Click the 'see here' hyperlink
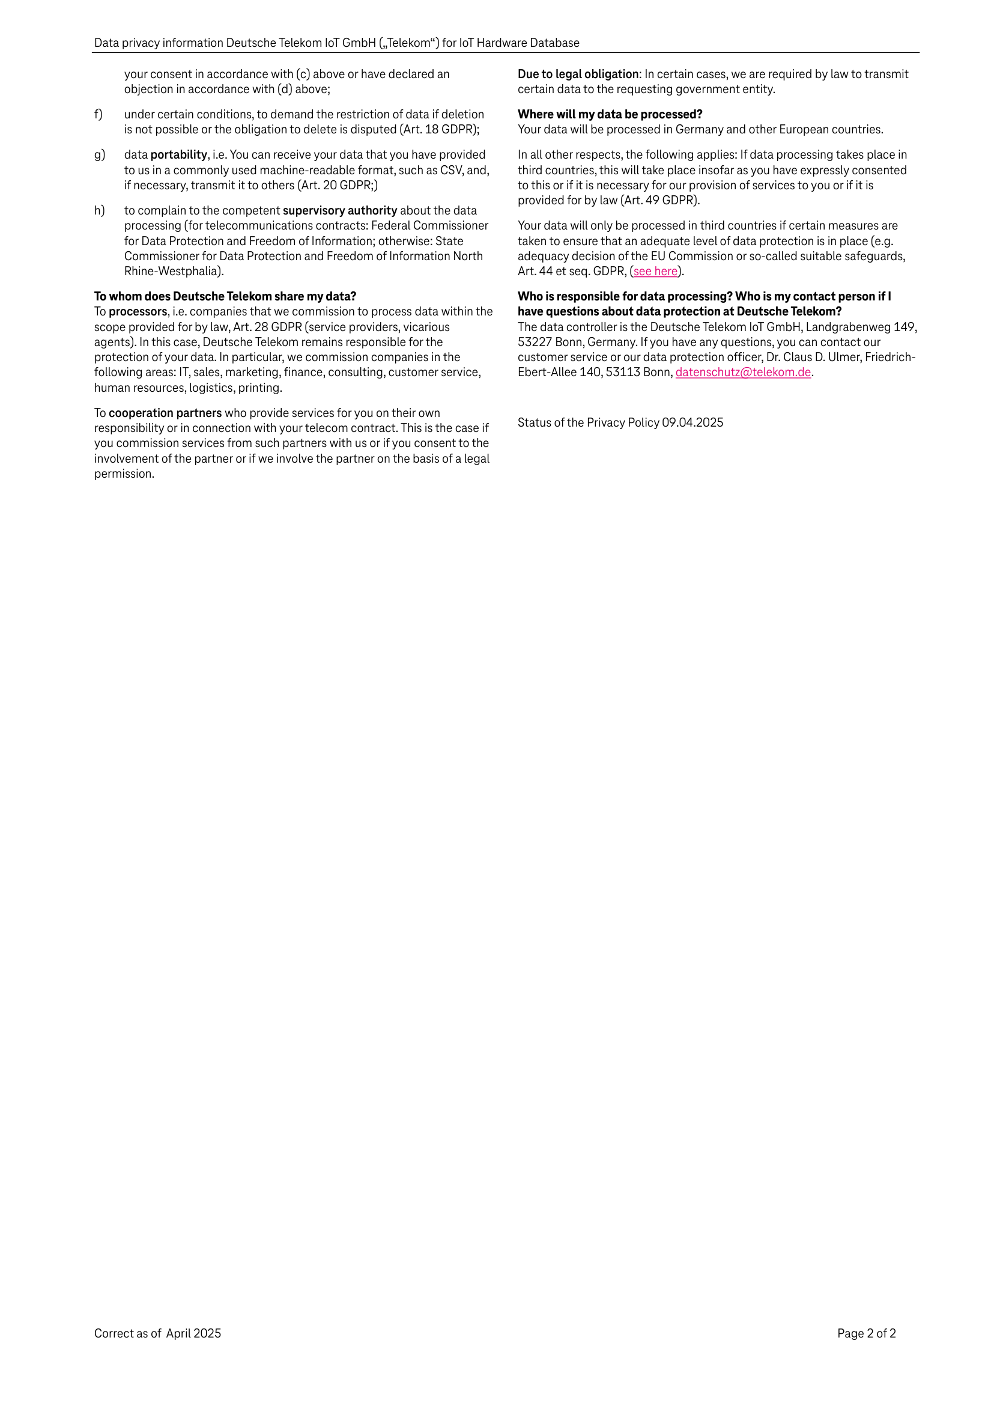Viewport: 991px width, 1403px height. [655, 272]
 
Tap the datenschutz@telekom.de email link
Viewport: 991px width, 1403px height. [743, 372]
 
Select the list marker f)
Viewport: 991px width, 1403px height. [98, 114]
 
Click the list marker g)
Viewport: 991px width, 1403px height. [99, 154]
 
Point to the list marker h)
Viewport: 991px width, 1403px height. [99, 210]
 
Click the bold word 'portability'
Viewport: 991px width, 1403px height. [178, 154]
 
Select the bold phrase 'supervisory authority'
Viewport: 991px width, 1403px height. [340, 210]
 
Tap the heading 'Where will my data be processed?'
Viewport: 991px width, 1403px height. [610, 114]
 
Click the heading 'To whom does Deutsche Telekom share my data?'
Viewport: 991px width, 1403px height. [225, 296]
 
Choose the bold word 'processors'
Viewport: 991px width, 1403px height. [138, 312]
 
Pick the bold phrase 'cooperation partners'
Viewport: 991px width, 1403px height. [165, 413]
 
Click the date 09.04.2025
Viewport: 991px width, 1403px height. [692, 422]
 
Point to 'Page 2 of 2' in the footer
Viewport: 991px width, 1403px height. [866, 1333]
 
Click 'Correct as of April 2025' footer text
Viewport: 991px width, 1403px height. [157, 1333]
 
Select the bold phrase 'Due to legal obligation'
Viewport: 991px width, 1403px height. [578, 74]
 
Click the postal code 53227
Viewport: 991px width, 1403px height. [535, 342]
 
